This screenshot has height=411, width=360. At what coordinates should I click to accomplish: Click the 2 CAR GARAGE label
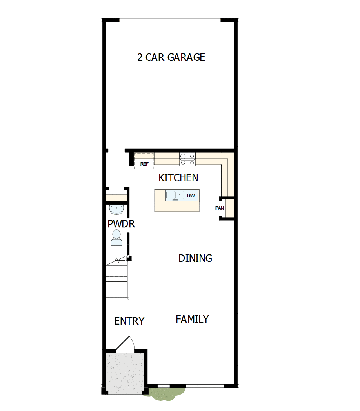pos(171,57)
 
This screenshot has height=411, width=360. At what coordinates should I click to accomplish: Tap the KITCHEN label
pos(178,178)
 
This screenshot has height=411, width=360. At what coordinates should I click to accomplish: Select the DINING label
pos(195,258)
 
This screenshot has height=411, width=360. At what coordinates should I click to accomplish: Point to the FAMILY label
pos(192,319)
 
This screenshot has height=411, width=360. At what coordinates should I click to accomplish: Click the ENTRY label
pos(129,321)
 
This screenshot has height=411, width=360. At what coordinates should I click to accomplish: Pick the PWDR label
pos(121,224)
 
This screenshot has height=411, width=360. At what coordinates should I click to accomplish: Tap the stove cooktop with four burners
pos(187,159)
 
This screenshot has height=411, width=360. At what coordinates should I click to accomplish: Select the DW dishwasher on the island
pos(191,195)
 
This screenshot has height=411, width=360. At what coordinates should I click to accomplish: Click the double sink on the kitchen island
pos(175,195)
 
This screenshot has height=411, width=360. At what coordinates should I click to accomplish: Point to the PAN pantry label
pos(220,208)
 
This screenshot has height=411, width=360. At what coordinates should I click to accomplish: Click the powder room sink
pos(117,209)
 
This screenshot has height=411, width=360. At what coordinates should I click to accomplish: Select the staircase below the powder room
pos(117,279)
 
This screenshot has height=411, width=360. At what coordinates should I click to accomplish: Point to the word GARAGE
pos(186,57)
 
